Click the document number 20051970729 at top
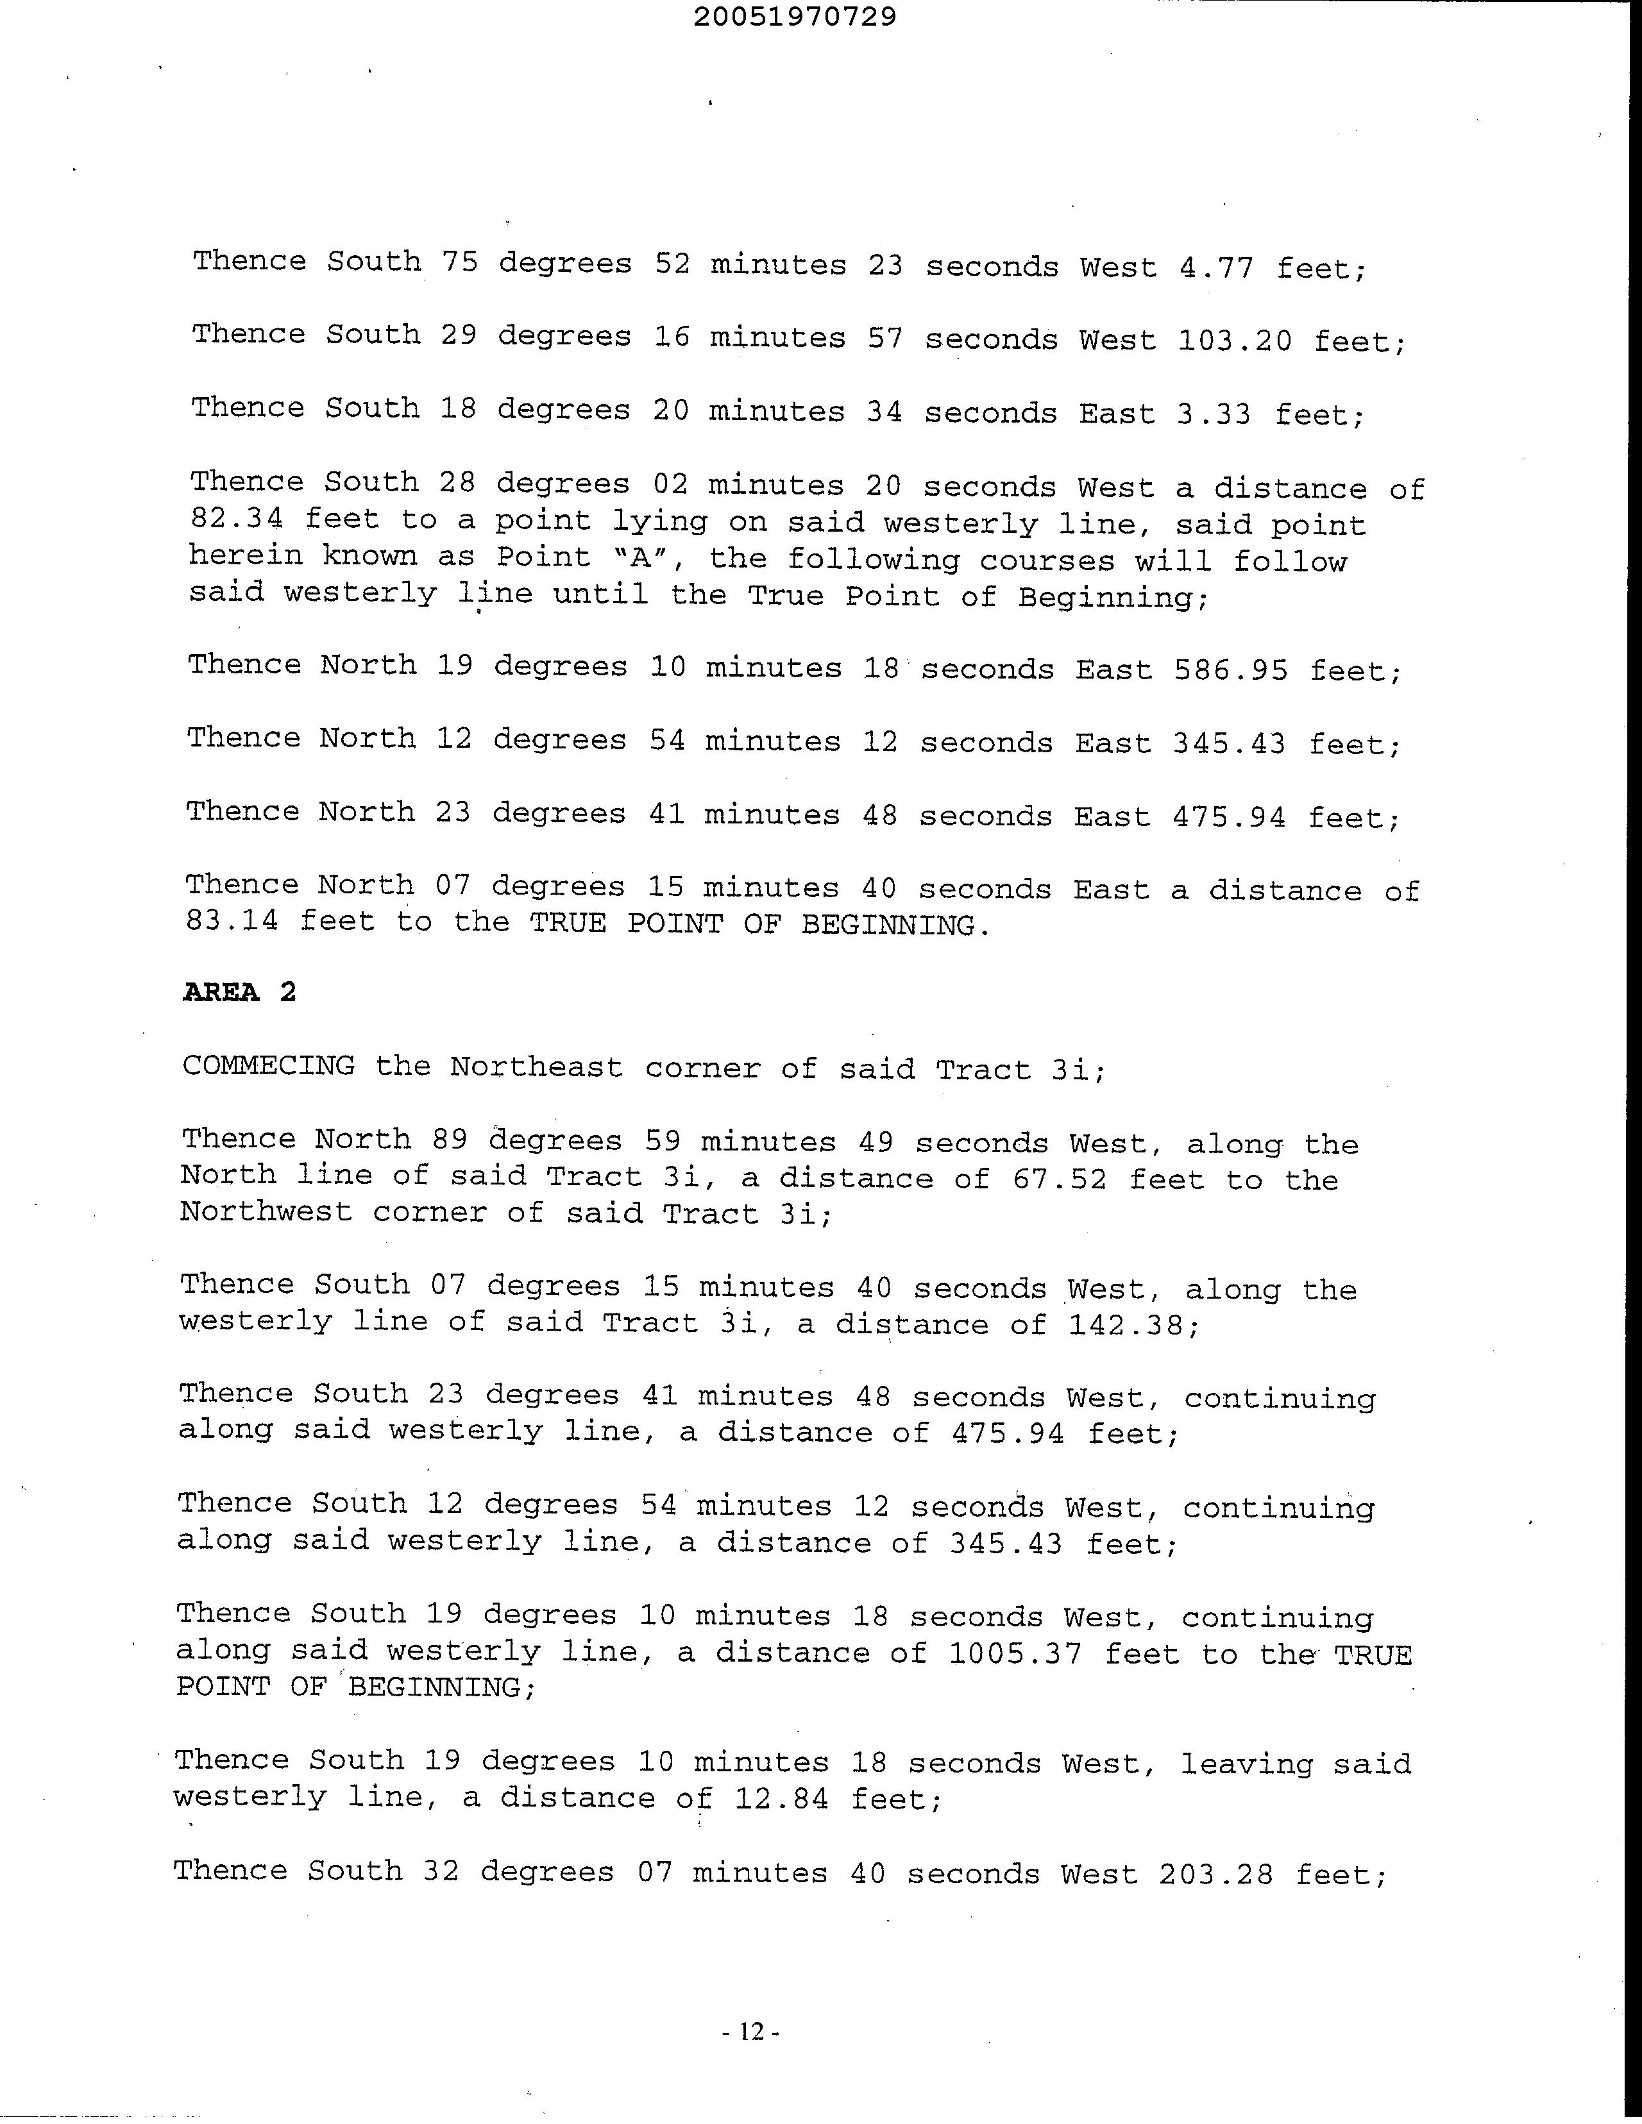pyautogui.click(x=795, y=17)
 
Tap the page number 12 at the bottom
pyautogui.click(x=752, y=2032)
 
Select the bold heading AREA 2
pyautogui.click(x=239, y=992)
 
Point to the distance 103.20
pyautogui.click(x=1235, y=341)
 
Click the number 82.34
pyautogui.click(x=237, y=519)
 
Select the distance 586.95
pyautogui.click(x=1230, y=670)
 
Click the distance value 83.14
pyautogui.click(x=232, y=920)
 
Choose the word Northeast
pyautogui.click(x=536, y=1067)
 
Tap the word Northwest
pyautogui.click(x=266, y=1212)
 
